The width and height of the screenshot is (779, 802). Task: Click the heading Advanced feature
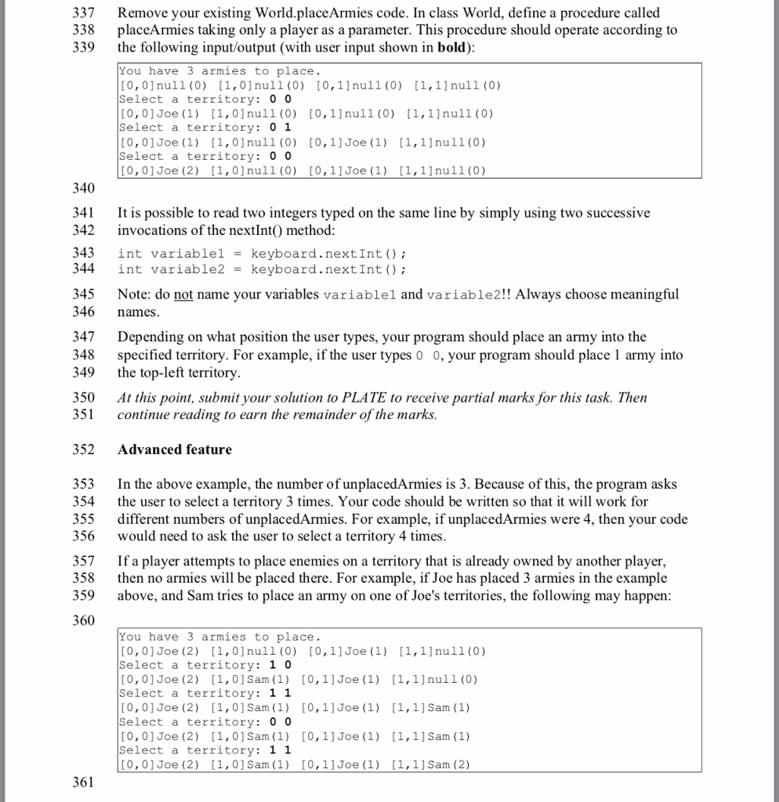(174, 450)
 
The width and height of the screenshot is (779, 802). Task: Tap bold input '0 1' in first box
(280, 128)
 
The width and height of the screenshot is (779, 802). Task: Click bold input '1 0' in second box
(280, 665)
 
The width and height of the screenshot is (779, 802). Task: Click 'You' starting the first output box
(130, 71)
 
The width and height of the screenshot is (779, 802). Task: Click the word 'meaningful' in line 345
(641, 294)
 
